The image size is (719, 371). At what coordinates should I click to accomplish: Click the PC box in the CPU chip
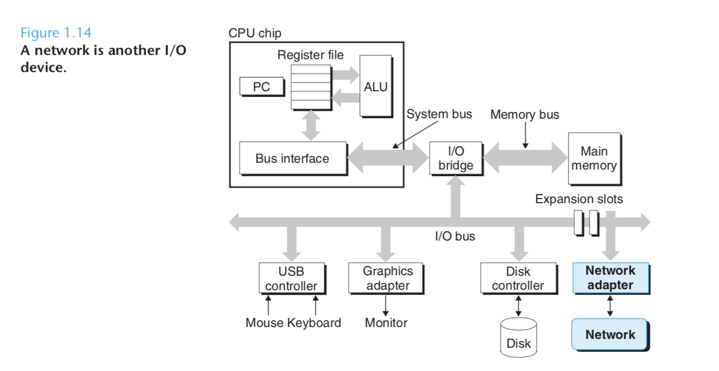point(261,87)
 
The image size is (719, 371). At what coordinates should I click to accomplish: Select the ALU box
point(376,87)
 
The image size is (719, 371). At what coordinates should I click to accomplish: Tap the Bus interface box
point(292,158)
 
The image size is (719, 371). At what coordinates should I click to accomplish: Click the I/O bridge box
point(455,158)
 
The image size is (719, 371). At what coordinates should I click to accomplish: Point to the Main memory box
point(594,158)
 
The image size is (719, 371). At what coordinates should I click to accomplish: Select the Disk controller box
point(518,278)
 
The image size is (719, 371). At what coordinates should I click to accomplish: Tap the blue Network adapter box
point(610,278)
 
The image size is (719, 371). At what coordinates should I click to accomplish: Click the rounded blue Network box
point(610,335)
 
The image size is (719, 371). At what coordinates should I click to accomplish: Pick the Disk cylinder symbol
point(519,337)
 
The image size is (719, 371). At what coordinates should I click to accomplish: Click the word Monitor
point(386,323)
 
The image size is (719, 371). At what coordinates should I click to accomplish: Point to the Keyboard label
point(314,323)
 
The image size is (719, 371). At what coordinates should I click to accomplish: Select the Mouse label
point(265,323)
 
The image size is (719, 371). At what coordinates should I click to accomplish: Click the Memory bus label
point(524,115)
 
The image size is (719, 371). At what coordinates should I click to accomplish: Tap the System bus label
point(439,114)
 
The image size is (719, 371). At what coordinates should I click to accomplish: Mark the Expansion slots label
point(579,199)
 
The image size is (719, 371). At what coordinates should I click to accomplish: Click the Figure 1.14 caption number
point(56,33)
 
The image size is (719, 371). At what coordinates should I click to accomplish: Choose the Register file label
point(310,55)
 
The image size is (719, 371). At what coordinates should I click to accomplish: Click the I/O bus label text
point(454,237)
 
